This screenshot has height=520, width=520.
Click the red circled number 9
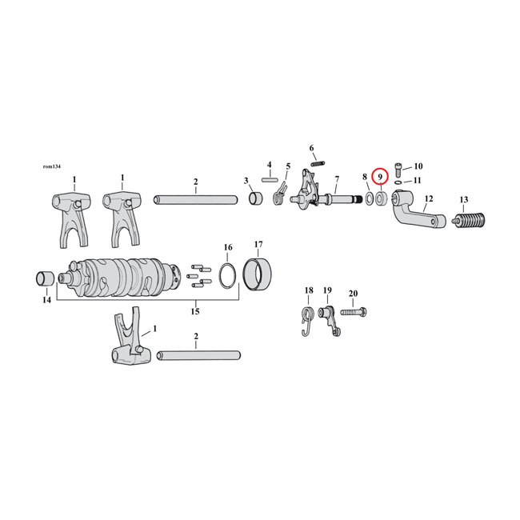tap(382, 176)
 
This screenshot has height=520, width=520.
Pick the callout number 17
tap(258, 244)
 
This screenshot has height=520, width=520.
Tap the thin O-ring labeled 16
tap(227, 274)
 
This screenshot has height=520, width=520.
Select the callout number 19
tap(327, 290)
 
